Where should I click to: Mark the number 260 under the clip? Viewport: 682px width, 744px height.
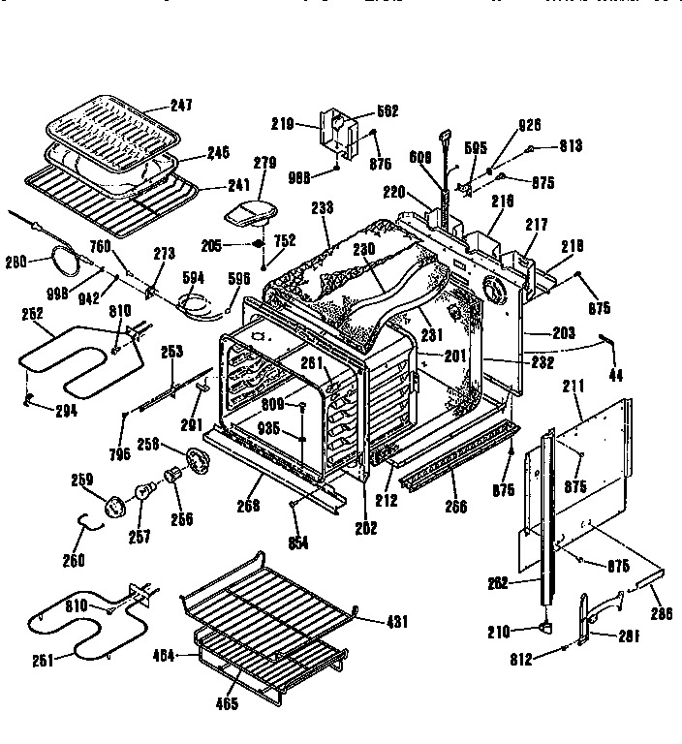[x=74, y=560]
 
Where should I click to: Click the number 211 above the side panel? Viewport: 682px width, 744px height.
[x=573, y=386]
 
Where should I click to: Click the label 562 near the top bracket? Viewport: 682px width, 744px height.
[x=360, y=111]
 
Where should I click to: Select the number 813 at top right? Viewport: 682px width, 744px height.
[x=571, y=148]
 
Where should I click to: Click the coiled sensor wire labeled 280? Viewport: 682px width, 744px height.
[x=64, y=256]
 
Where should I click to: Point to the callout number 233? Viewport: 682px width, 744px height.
[x=323, y=206]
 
